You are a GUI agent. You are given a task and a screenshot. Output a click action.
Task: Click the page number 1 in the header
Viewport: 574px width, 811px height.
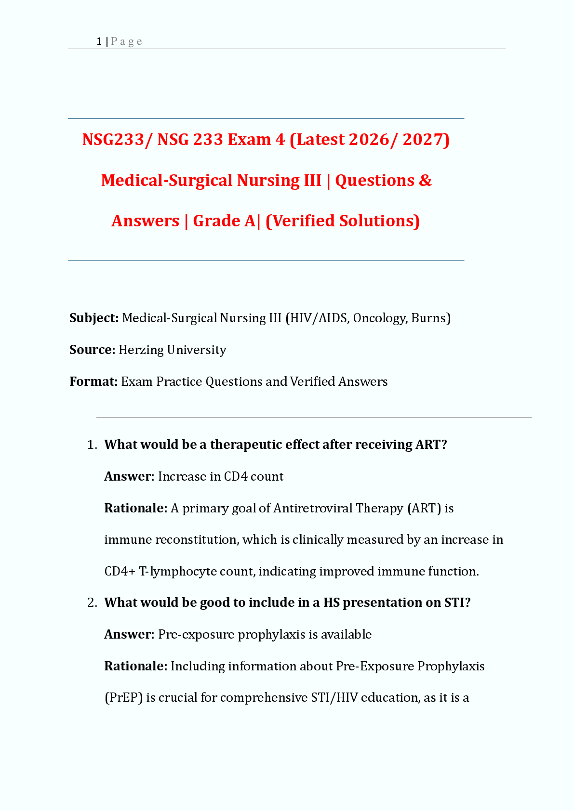[99, 41]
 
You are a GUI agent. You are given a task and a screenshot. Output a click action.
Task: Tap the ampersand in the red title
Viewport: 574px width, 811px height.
[425, 181]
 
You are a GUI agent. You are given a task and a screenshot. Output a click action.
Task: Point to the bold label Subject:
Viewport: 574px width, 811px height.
[94, 318]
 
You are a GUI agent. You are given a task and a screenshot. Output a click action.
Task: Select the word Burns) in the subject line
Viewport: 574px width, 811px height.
[431, 318]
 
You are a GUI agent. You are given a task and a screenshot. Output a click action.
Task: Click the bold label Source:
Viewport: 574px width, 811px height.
[92, 350]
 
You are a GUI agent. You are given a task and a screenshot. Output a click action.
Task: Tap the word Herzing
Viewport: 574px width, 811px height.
[141, 350]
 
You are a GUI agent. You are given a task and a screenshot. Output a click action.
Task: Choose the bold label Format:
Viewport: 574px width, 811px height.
[93, 382]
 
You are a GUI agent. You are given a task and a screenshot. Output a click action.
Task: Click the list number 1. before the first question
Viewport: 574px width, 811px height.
[92, 445]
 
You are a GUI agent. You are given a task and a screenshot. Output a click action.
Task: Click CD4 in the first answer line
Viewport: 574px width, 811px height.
[236, 477]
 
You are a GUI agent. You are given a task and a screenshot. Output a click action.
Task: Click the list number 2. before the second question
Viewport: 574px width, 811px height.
[92, 603]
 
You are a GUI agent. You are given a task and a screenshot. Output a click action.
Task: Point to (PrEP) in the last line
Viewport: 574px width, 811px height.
[123, 698]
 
